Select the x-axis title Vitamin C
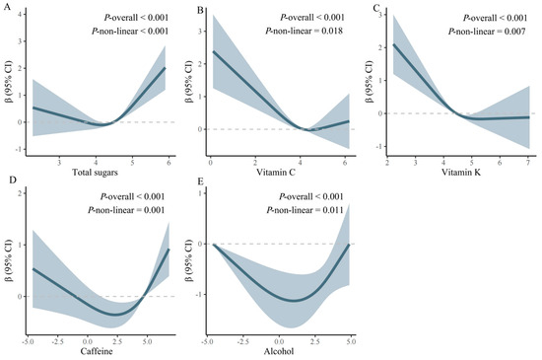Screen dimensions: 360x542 pos(283,176)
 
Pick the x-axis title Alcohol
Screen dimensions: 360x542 pos(282,352)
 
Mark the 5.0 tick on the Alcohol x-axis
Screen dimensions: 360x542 pos(348,339)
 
